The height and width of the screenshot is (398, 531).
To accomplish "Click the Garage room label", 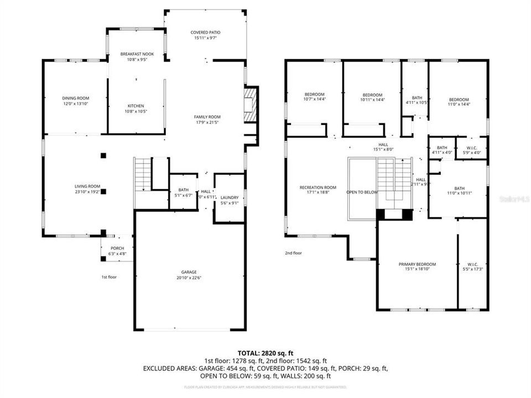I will coord(189,272).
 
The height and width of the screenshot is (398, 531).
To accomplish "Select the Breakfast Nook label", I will coord(137,54).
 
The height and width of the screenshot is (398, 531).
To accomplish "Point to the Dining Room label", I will coord(75,98).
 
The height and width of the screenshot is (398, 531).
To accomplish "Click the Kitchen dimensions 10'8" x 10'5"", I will coord(136,112).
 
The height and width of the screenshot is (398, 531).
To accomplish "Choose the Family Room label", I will coord(207,117).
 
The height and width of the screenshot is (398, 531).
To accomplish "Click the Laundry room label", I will coord(229,197).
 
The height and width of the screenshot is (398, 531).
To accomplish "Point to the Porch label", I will coord(117,248).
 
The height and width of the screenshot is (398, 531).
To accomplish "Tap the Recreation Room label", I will coord(318,187).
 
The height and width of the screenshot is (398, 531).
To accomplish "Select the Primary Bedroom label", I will coord(417,264).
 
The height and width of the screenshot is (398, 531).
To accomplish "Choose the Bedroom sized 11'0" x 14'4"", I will coord(459,103).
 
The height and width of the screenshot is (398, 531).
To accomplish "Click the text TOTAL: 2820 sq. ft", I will coord(265,353).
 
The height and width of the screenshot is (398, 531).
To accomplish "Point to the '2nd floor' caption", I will coord(293,253).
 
